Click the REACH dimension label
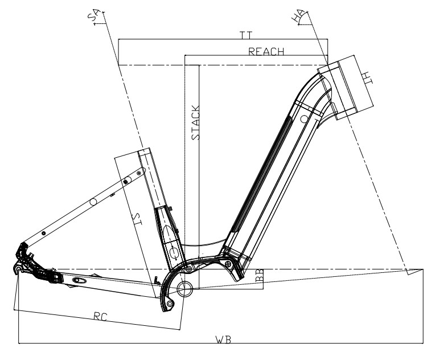pyautogui.click(x=266, y=51)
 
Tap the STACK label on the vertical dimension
pyautogui.click(x=195, y=122)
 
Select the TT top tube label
pyautogui.click(x=246, y=35)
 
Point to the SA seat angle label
pyautogui.click(x=93, y=17)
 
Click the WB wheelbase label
pyautogui.click(x=223, y=340)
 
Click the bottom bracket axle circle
pyautogui.click(x=186, y=288)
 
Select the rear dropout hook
pyautogui.click(x=19, y=268)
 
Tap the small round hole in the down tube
pyautogui.click(x=304, y=118)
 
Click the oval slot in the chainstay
pyautogui.click(x=80, y=281)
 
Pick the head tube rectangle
pyautogui.click(x=344, y=88)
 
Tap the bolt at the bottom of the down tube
pyautogui.click(x=228, y=264)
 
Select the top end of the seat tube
pyautogui.click(x=145, y=152)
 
